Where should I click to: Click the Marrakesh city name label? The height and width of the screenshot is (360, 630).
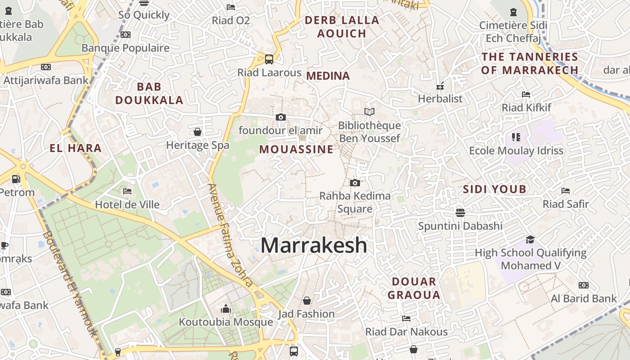(x=314, y=245)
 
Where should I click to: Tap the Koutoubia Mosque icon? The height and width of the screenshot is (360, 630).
(x=226, y=309)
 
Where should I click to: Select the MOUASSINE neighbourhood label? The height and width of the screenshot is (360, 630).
(x=296, y=149)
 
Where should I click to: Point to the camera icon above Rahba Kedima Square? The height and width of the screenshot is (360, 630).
(x=355, y=183)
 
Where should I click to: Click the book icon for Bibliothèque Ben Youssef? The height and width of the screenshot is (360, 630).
(x=369, y=112)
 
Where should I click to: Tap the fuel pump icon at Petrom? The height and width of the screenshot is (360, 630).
(x=16, y=179)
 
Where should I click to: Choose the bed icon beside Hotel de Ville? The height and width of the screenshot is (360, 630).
(x=127, y=191)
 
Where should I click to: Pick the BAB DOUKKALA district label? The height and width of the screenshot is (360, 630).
(x=149, y=93)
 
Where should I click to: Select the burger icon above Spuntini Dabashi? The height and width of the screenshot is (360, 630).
(x=460, y=212)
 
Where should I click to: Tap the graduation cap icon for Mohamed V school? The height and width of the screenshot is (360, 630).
(x=531, y=239)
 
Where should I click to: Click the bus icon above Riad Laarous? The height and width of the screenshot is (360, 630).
(x=269, y=59)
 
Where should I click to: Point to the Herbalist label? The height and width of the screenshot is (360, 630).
(x=440, y=99)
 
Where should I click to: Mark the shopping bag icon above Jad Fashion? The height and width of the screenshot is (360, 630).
(x=306, y=300)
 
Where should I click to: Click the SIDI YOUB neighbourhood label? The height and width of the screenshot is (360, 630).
(x=495, y=189)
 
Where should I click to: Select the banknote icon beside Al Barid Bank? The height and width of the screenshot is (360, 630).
(x=584, y=285)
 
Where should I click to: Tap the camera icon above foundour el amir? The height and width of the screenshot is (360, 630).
(x=280, y=117)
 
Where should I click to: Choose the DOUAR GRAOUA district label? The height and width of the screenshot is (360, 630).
(x=414, y=288)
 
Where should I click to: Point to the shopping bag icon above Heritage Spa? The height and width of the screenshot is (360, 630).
(x=197, y=132)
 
